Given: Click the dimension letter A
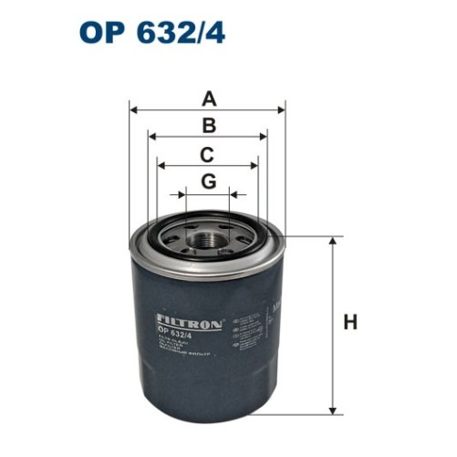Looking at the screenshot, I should point(209,99).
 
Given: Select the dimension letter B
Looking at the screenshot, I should point(209,127).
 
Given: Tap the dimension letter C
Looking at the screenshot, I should point(208,154).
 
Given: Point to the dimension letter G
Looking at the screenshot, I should point(209,182).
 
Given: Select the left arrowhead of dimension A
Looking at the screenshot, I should point(136,110).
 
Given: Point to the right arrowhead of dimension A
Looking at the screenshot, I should point(282,110).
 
